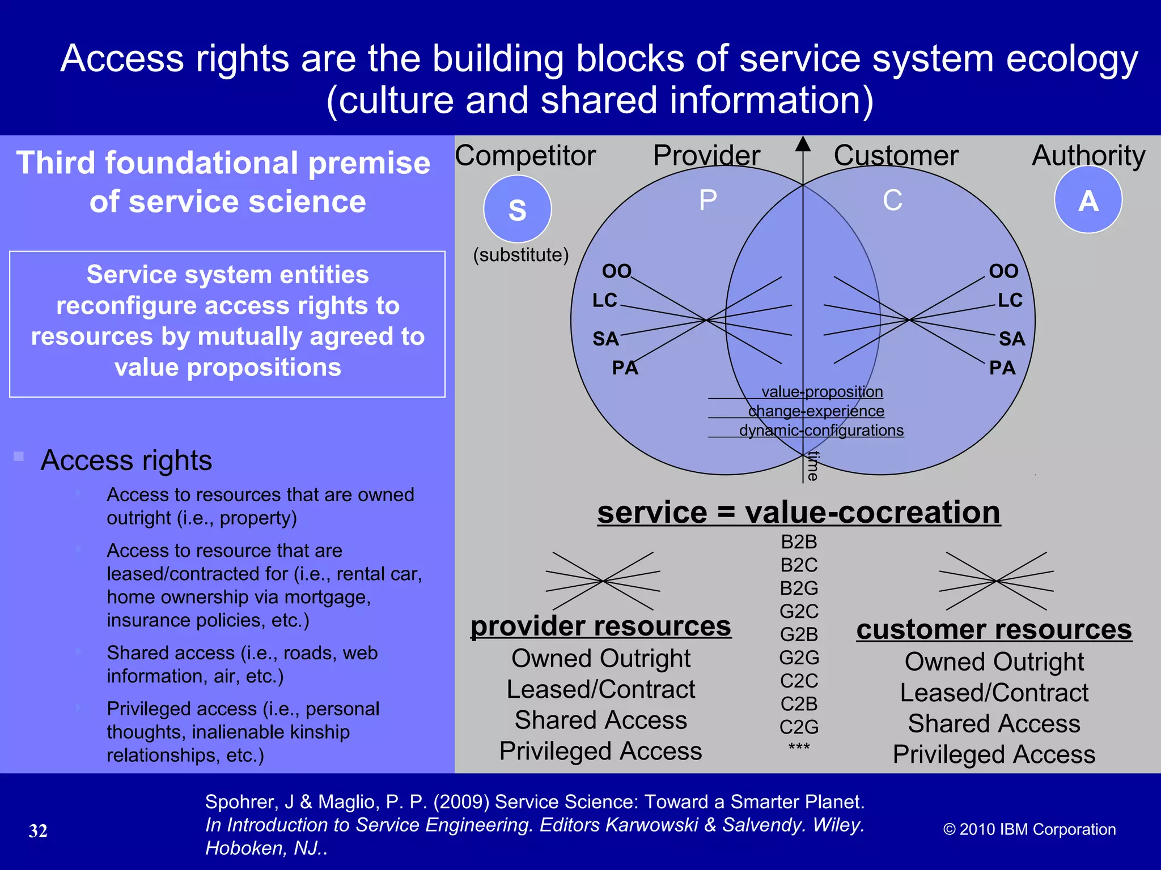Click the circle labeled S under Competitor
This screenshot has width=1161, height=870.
coord(517,209)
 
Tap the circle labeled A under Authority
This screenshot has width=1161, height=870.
coord(1088,200)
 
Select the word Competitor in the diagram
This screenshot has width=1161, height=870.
coord(525,155)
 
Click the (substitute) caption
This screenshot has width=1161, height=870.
coord(521,255)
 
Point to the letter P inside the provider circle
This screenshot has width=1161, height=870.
coord(707,201)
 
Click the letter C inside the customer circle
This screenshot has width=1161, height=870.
coord(892,201)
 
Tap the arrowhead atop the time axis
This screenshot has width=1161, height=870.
coord(802,144)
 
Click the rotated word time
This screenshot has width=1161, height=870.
coord(813,466)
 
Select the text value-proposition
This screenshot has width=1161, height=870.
coord(822,392)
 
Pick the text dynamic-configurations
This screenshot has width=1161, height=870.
coord(821,430)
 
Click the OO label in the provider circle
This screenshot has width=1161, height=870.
coord(616,271)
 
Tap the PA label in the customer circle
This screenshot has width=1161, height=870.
coord(1002,368)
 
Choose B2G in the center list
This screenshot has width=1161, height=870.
coord(799,588)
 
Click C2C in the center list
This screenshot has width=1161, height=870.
coord(799,681)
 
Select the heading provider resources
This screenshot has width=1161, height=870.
coord(600,626)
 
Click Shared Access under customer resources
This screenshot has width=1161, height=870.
coord(994,724)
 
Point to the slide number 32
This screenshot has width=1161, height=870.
coord(38,831)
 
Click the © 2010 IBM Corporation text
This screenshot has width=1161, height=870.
coord(1029,829)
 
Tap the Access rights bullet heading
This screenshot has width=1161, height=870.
coord(126,460)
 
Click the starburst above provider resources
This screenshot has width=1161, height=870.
coord(603,581)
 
